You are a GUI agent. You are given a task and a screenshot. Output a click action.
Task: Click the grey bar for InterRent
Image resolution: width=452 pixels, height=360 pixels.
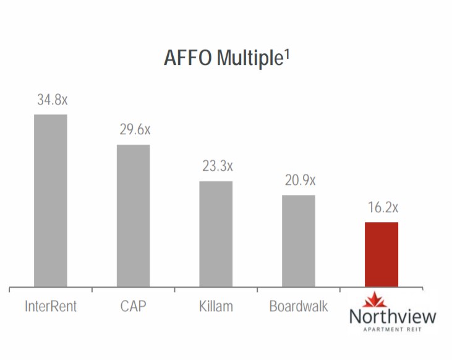point(51,201)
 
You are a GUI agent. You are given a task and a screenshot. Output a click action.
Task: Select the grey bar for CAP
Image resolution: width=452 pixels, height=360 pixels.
point(134,216)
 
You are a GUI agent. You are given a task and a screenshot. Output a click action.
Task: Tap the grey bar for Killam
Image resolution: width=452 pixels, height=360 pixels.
point(216,234)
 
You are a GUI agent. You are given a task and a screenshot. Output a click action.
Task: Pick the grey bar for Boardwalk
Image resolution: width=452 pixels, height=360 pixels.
point(299,241)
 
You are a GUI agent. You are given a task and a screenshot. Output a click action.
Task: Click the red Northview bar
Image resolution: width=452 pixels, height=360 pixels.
point(382,255)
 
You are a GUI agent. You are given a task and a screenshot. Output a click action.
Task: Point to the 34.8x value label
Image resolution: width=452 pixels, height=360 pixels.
point(51,100)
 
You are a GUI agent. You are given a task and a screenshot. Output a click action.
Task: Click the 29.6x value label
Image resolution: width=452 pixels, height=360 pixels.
point(134,130)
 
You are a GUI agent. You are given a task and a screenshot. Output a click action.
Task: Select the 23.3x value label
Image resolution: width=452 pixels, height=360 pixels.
point(216,166)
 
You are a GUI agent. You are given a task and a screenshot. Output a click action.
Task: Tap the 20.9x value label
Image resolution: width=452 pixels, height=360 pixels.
point(299,181)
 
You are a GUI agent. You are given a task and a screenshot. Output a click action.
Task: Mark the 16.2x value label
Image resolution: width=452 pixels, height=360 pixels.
point(382,208)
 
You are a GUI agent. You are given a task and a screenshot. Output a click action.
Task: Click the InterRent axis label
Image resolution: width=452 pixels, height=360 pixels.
point(51,306)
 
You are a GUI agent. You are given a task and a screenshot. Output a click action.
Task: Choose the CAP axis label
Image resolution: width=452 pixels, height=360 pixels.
point(134,306)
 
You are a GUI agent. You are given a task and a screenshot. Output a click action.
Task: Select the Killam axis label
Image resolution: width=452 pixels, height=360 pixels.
point(216,306)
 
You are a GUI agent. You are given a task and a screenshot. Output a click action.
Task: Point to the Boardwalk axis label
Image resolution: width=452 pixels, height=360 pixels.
point(299,306)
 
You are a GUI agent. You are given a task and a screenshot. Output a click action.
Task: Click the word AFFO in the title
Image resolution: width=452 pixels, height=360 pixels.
point(185,58)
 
